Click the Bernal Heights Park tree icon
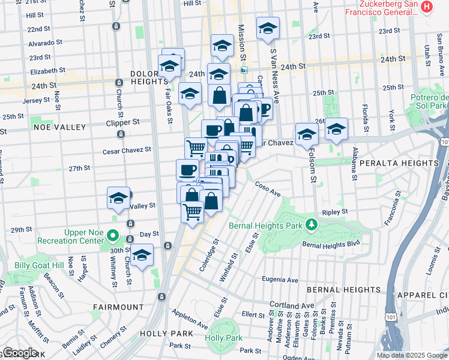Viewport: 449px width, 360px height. pos(311,226)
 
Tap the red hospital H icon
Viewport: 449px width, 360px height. pos(426,7)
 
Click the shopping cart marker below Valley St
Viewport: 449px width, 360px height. pos(192,211)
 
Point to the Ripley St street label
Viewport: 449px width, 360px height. pos(335,212)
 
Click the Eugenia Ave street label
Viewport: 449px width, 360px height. pos(281,280)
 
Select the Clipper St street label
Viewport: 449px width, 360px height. pos(124,121)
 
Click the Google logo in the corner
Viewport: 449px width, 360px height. pos(20,353)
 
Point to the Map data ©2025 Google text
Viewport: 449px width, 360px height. pos(411,355)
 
